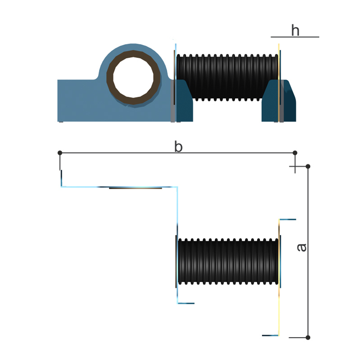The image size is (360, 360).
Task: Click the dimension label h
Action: [x=295, y=31]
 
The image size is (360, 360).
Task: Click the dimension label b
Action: [x=179, y=147]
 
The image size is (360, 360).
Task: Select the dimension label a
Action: [x=302, y=247]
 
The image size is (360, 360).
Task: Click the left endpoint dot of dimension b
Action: [x=60, y=153]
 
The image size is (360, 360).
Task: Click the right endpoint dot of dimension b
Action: [x=295, y=153]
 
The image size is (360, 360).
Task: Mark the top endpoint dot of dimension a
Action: [x=308, y=166]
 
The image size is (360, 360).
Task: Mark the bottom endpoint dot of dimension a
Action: [x=308, y=337]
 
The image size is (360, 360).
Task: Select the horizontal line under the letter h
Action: [x=295, y=37]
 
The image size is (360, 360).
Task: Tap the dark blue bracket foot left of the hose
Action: [x=184, y=104]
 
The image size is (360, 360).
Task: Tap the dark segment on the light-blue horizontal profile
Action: [x=135, y=188]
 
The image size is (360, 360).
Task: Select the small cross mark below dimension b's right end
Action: [x=295, y=167]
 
